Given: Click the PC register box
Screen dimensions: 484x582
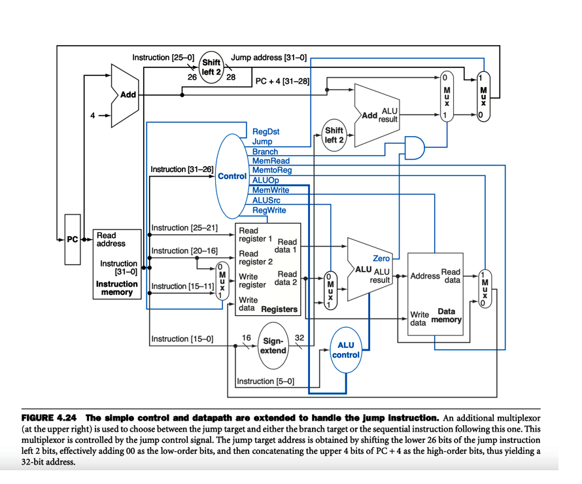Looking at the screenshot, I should [72, 239].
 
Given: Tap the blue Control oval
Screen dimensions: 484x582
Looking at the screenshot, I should [232, 176].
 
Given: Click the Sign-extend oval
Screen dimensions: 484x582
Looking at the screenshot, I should [273, 345].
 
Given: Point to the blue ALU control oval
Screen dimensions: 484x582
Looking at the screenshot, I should [345, 350].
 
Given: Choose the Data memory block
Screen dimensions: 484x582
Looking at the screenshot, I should [434, 294].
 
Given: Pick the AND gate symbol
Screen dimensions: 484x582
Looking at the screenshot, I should [415, 147].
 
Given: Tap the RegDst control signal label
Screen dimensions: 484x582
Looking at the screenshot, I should [265, 131].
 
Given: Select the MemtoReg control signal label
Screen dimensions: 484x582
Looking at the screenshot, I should [271, 170].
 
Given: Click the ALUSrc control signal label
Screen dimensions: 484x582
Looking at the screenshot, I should [266, 200].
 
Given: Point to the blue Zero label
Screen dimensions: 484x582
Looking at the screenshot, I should [381, 258].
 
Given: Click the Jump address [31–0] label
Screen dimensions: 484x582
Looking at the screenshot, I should [269, 58].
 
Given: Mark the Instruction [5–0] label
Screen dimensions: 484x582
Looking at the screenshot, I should [265, 381].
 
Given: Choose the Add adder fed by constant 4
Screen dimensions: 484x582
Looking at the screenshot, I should [126, 94].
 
